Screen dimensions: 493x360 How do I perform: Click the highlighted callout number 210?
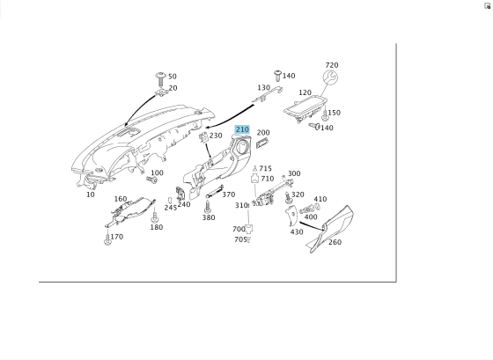(x=242, y=129)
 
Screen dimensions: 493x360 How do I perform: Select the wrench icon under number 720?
(x=330, y=77)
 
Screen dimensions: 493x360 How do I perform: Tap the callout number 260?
(x=335, y=242)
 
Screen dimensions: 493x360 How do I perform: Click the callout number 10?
(x=91, y=195)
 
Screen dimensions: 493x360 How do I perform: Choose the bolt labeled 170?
(x=107, y=239)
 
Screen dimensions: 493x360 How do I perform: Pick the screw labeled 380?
(x=208, y=206)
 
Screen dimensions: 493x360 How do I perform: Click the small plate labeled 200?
(x=262, y=143)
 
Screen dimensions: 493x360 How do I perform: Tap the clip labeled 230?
(x=203, y=136)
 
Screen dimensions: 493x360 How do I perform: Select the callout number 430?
(x=297, y=232)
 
